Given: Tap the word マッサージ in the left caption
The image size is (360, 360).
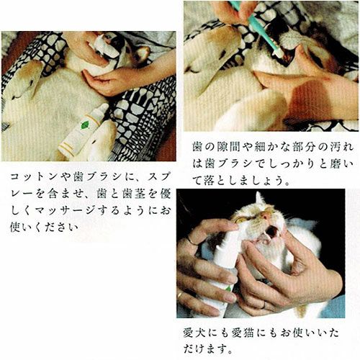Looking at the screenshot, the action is click(64, 210).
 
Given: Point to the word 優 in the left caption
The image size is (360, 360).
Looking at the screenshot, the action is click(165, 194).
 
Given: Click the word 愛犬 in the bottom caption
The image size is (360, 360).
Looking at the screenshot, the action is click(194, 333).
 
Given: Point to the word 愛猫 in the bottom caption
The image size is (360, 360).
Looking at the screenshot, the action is click(243, 333).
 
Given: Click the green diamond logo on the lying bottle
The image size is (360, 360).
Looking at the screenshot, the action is click(84, 125).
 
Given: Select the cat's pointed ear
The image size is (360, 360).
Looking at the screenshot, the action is click(259, 199).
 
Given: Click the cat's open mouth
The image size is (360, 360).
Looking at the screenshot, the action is click(271, 233).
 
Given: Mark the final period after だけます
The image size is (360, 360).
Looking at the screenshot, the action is click(230, 352).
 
